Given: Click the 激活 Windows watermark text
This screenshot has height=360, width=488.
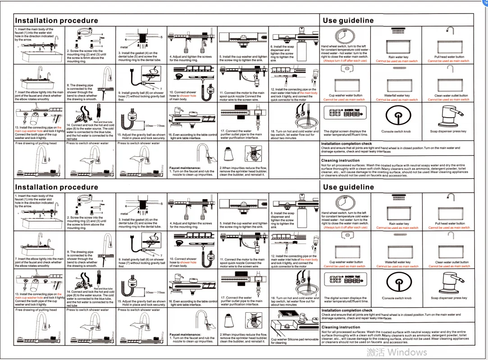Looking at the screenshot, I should click(x=397, y=352).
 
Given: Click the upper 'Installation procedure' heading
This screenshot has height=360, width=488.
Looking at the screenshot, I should click(x=56, y=21).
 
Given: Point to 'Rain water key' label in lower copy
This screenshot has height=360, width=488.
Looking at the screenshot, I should click(x=399, y=223).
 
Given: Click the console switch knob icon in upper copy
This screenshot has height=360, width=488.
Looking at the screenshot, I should click(x=396, y=116).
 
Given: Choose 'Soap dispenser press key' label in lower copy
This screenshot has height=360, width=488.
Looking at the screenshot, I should click(x=449, y=298).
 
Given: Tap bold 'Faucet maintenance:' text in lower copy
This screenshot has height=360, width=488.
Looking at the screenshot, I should click(x=185, y=335).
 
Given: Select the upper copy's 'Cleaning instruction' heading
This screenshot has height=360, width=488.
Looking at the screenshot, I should click(x=340, y=160).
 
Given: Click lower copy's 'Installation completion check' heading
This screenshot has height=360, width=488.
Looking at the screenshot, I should click(x=347, y=310).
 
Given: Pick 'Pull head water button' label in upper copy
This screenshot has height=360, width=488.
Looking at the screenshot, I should click(x=449, y=57).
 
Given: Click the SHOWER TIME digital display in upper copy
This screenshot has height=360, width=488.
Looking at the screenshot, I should click(x=344, y=113).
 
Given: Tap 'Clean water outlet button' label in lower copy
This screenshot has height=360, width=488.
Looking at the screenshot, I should click(x=452, y=262).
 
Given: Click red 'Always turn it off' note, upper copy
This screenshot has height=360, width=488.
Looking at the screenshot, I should click(x=345, y=61).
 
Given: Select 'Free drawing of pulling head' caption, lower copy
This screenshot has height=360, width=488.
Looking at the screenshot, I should click(x=36, y=310).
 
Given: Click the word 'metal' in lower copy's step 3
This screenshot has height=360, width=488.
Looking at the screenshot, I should click(x=124, y=214).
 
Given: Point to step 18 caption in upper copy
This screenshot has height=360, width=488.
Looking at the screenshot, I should click(x=294, y=135).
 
